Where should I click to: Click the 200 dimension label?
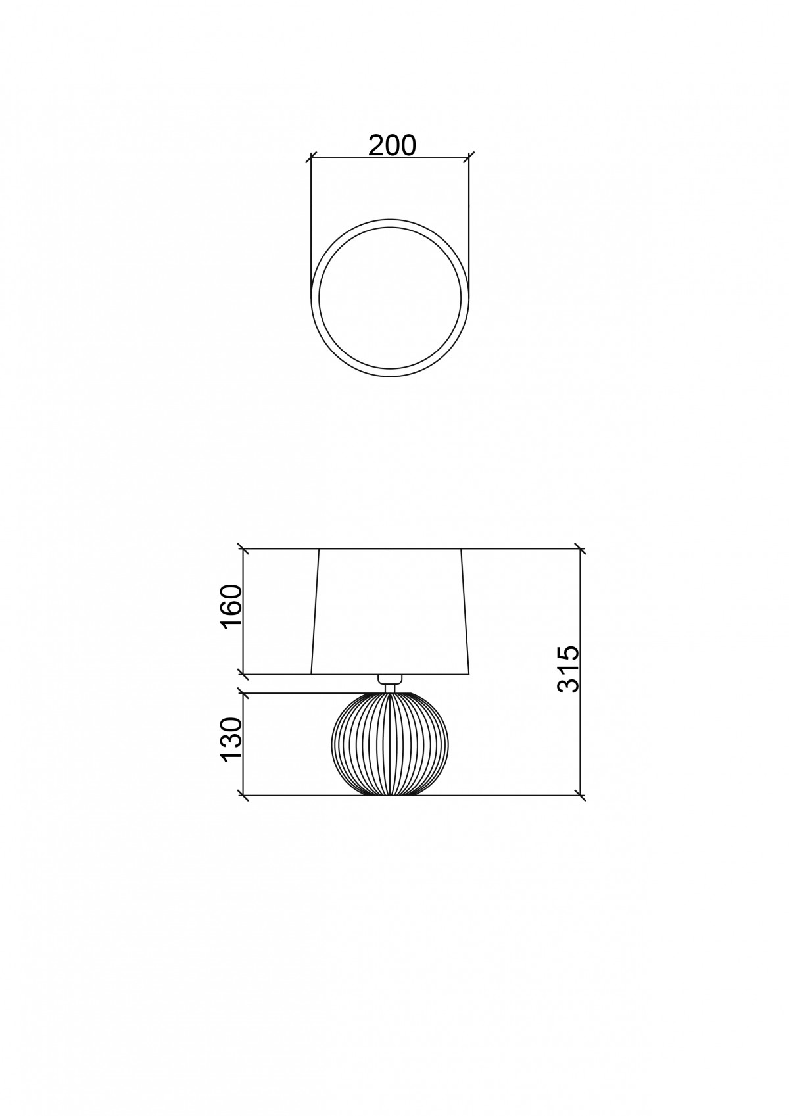[x=391, y=145]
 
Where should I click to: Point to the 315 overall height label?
[x=568, y=669]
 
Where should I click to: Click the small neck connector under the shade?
[x=390, y=683]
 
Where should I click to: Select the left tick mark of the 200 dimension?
[x=311, y=158]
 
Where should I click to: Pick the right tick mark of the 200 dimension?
[x=469, y=158]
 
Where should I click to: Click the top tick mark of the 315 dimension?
[x=581, y=548]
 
